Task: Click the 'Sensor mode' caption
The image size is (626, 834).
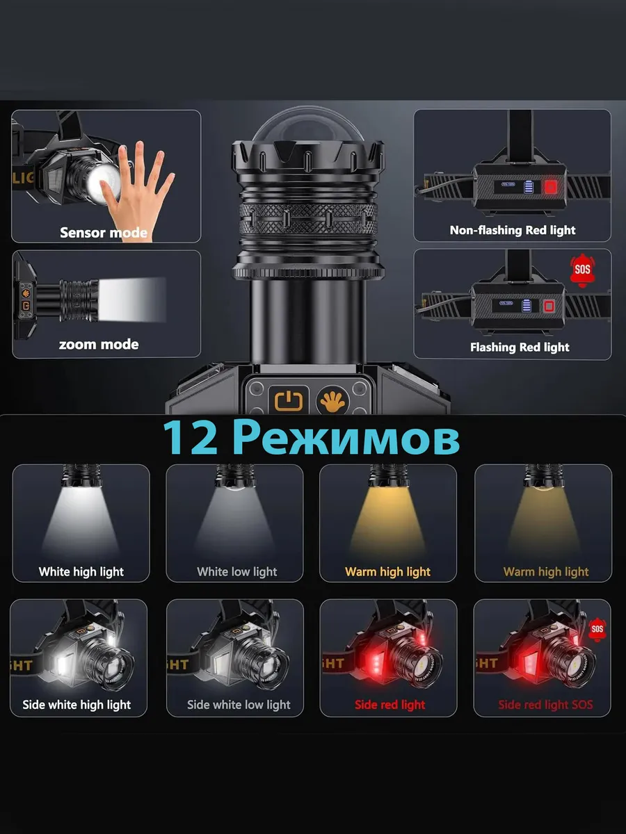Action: point(104,232)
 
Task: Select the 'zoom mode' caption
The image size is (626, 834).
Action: point(99,344)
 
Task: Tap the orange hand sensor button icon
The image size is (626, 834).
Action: point(332,401)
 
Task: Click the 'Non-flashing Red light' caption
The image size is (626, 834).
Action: point(513,230)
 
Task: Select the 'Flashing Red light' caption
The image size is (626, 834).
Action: point(520,347)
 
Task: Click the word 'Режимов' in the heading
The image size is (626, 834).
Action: point(346,438)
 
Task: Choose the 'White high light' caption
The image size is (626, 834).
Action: point(81,571)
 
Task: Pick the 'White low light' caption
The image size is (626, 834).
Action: point(237,571)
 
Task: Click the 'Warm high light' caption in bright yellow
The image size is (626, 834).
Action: point(388,571)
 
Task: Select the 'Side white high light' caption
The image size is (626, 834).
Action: point(77,705)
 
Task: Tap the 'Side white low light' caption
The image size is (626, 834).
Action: point(239,705)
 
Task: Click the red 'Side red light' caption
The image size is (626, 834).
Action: point(390,705)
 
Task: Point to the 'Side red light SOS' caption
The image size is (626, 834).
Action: point(545,705)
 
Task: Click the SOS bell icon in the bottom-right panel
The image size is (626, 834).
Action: point(597,630)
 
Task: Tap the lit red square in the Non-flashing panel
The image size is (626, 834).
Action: point(551,187)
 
